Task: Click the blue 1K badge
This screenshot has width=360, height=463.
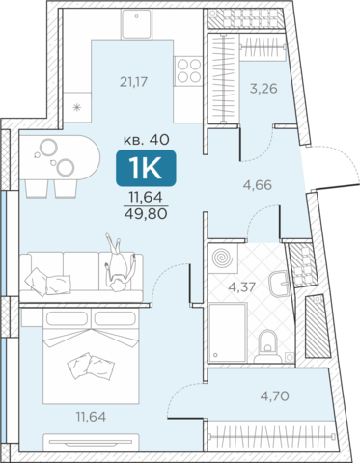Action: tap(146, 168)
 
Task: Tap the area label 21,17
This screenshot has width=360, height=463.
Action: tap(133, 82)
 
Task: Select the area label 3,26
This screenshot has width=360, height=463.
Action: tap(263, 89)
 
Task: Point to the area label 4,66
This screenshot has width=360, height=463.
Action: tap(258, 185)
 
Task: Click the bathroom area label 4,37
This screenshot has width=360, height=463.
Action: tap(241, 286)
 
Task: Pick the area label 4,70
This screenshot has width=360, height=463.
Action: tap(275, 396)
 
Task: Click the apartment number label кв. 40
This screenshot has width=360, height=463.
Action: tap(147, 140)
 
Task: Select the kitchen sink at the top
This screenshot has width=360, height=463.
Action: tap(137, 24)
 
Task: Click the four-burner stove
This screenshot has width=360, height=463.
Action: tap(188, 71)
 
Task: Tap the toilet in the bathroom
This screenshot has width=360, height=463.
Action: tap(267, 346)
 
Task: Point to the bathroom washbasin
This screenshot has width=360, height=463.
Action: tap(279, 284)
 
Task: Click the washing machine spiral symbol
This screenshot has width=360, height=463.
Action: tap(223, 259)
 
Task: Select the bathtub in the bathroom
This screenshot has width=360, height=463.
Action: tap(229, 333)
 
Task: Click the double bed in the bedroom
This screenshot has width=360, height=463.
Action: tap(91, 356)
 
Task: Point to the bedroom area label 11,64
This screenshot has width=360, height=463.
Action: tap(91, 417)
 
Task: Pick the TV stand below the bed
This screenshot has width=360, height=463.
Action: tap(91, 443)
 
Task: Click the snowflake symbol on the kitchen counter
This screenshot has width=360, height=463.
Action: tap(77, 107)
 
